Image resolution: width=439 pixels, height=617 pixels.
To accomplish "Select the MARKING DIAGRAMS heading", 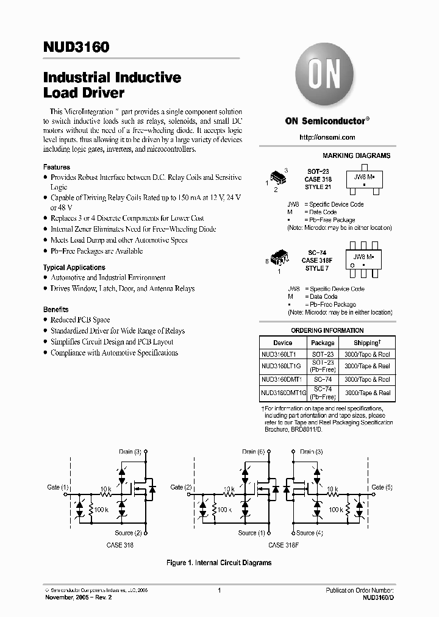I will [x=356, y=156].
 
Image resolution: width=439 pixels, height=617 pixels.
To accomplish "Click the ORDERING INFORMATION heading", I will [x=326, y=331].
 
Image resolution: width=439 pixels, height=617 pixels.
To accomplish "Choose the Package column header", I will [x=323, y=343].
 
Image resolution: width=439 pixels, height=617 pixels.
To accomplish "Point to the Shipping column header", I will [x=366, y=343].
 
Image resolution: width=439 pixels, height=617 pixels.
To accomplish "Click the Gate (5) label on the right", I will [x=382, y=487].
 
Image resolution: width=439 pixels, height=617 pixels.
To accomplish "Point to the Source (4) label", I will [x=310, y=532].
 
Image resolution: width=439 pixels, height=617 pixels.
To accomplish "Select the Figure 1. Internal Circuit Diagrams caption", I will [x=219, y=563].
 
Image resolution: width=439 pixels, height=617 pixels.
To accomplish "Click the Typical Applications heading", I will [x=74, y=267].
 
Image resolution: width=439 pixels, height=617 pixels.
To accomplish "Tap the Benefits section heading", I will [x=56, y=309].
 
